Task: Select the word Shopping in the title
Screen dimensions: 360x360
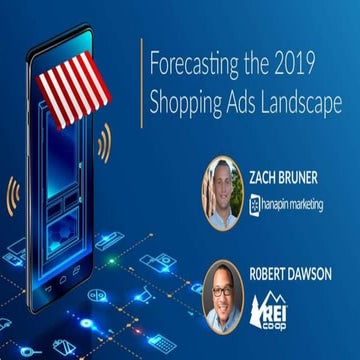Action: point(184,103)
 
